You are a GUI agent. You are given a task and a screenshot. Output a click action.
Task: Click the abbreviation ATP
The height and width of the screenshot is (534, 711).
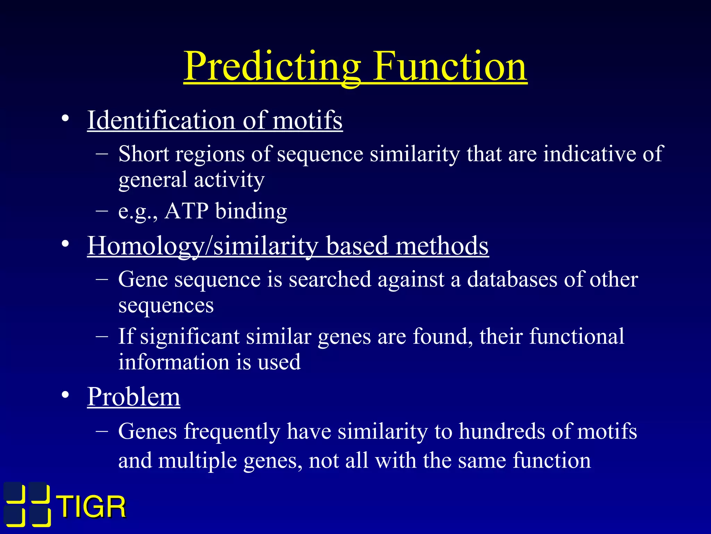click(186, 211)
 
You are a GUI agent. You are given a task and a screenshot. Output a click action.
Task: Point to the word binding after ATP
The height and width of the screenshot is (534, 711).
click(251, 211)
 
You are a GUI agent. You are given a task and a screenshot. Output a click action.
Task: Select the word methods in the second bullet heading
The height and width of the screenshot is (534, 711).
click(442, 245)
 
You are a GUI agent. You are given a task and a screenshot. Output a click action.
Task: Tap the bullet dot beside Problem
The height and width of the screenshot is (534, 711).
click(65, 395)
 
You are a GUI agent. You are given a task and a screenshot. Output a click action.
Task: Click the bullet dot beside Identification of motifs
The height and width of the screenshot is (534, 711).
click(65, 119)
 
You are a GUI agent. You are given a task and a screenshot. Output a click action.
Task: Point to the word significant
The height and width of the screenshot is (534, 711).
click(190, 337)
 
